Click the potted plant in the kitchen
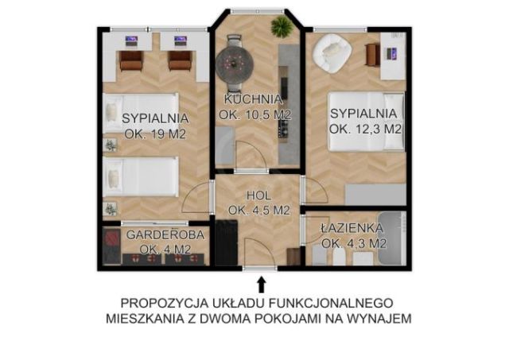point(281,26)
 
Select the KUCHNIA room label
point(252,99)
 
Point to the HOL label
point(258,195)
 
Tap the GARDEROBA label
point(165,235)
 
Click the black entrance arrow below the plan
point(262,283)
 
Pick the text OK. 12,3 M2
point(365,129)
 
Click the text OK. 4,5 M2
point(258,211)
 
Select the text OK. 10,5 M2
point(254,114)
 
